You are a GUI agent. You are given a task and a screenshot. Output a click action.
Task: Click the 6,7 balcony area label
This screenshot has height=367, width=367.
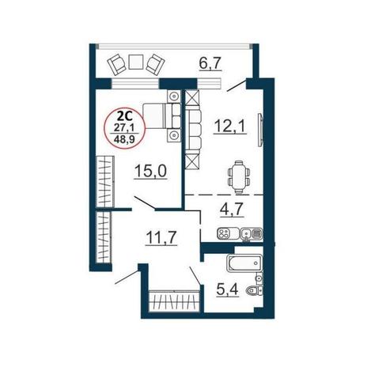(210, 64)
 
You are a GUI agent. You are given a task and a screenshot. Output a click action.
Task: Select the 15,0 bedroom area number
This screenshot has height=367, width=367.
(150, 171)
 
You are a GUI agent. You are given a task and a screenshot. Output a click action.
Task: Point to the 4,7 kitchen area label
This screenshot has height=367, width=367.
(232, 210)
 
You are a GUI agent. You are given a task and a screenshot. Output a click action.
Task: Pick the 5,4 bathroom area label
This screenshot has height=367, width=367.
(227, 289)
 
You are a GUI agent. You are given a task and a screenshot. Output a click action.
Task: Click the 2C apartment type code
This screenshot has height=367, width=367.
(124, 116)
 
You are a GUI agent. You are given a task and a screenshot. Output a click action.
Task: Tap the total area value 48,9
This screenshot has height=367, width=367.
(124, 138)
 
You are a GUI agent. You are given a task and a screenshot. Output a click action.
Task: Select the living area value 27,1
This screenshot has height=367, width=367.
(124, 127)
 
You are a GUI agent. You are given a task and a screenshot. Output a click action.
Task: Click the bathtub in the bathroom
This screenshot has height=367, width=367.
(244, 263)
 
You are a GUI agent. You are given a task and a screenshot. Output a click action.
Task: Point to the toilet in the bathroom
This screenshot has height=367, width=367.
(254, 290)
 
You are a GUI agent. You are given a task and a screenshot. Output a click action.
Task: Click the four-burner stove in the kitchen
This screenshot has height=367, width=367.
(224, 233)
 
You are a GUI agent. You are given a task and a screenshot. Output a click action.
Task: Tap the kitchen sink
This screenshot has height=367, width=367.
(246, 233)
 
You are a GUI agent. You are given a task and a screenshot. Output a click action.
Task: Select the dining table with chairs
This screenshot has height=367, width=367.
(239, 177)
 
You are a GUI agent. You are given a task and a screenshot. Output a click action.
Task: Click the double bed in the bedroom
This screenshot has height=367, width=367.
(162, 116)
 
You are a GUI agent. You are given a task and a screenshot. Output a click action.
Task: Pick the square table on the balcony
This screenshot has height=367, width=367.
(136, 62)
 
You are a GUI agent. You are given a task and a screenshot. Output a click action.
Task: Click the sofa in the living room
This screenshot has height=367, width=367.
(194, 130)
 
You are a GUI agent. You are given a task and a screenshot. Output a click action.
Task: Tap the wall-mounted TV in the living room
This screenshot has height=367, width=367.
(260, 130)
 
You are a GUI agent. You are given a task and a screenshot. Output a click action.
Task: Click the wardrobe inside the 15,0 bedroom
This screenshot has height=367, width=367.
(105, 181)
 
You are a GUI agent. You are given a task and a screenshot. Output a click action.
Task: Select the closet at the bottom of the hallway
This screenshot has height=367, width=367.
(174, 301)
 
